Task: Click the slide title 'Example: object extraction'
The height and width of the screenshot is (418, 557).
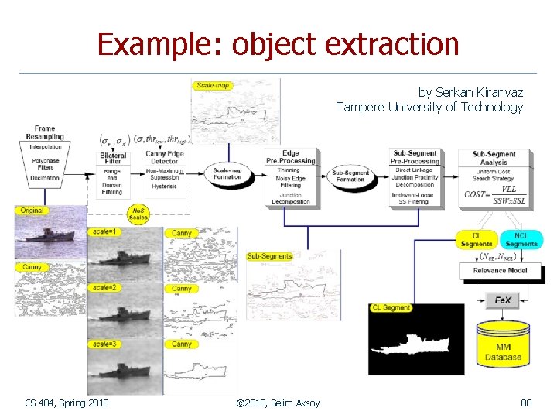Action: coord(278,44)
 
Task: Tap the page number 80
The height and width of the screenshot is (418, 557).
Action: coord(526,403)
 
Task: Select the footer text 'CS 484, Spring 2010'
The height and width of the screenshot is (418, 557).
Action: coord(67,403)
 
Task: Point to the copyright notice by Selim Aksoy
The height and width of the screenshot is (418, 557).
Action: coord(278,403)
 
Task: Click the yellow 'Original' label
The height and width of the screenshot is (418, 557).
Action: coord(32,211)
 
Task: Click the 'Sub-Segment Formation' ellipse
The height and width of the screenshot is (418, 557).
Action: coord(351,176)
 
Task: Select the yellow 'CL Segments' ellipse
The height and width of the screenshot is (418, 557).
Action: coord(477,240)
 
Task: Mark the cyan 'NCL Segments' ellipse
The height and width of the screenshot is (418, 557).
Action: coord(521,240)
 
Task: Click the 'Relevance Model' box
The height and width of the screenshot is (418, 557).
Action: coord(500,271)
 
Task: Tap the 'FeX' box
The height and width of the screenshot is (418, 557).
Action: coord(502,300)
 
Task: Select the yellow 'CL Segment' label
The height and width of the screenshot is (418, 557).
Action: coord(391,308)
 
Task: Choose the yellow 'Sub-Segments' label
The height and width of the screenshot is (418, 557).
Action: coord(269,256)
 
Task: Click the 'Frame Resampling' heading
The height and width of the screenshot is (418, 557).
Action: coord(45,133)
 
